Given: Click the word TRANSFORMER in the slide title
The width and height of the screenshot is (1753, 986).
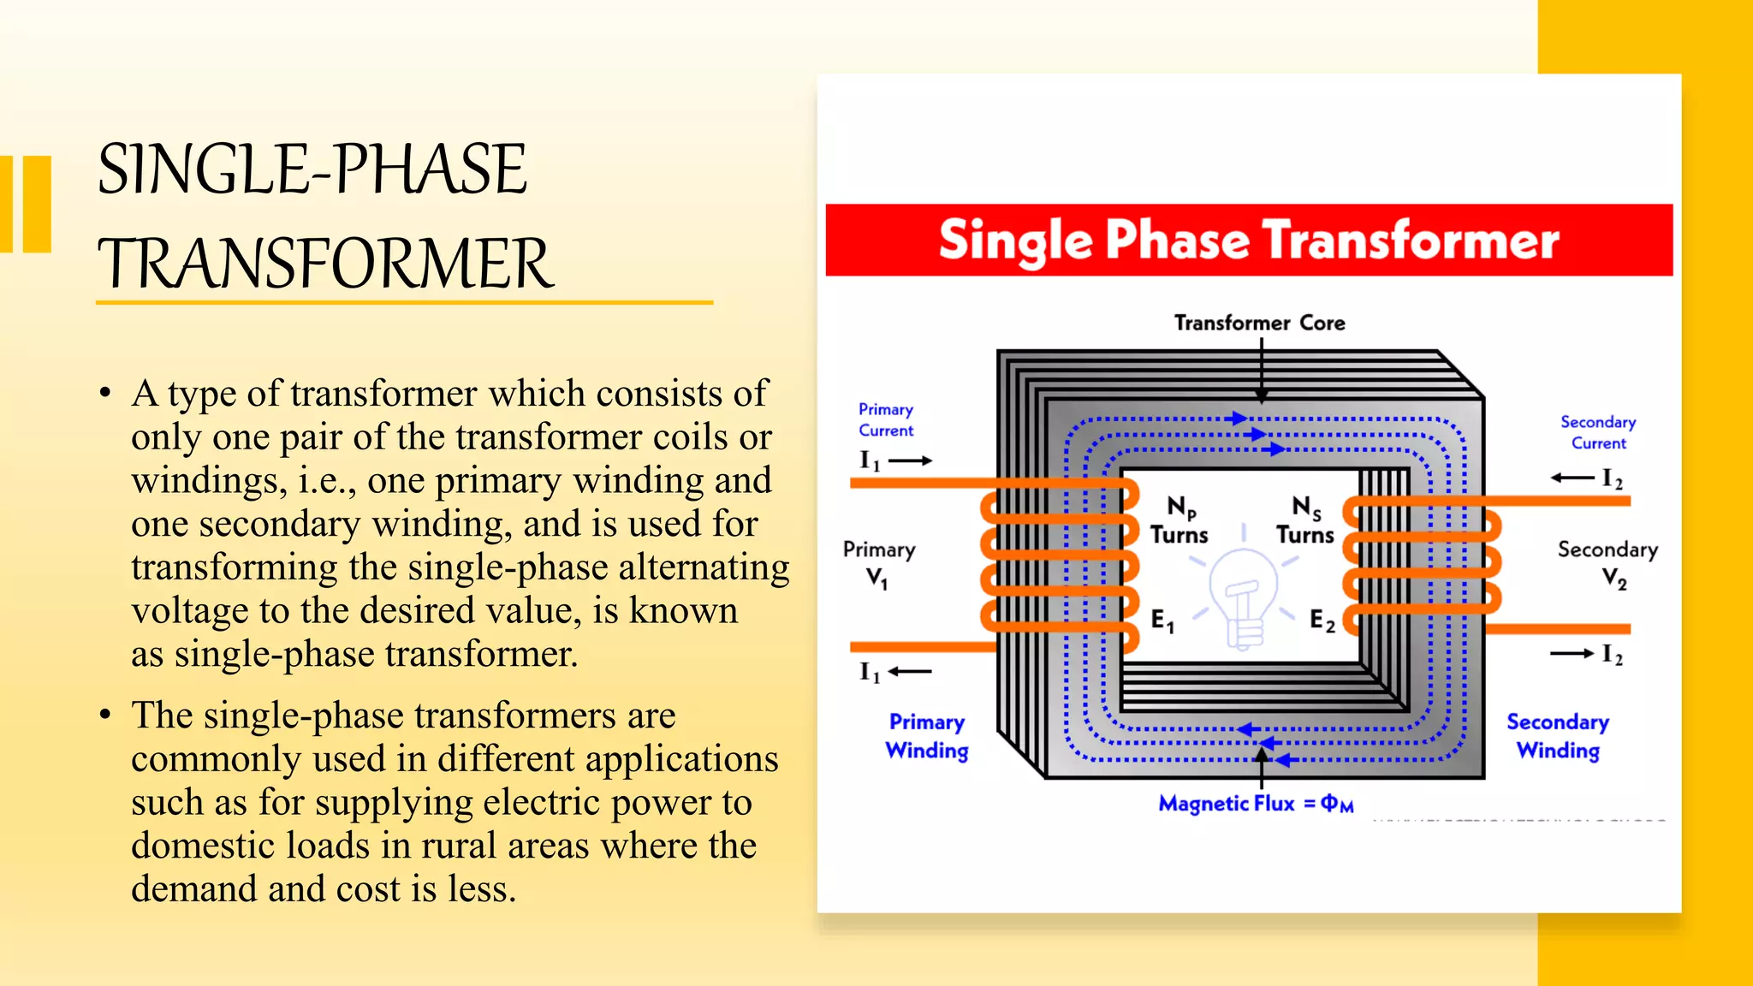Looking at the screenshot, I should click(325, 264).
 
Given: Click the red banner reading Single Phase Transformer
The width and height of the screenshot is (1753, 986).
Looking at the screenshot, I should click(1248, 240).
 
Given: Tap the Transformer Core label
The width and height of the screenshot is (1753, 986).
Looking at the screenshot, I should click(1259, 323).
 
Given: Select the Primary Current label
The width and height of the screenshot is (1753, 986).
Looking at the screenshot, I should click(886, 419).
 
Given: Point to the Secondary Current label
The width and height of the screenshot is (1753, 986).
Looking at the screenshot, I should click(1597, 432).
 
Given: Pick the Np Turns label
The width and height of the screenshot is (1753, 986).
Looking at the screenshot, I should click(1179, 520).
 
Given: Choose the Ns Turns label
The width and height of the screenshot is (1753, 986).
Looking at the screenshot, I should click(1305, 520).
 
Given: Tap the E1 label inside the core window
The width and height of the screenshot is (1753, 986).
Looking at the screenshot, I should click(1162, 621).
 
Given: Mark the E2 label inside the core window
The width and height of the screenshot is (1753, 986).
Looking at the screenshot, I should click(1322, 621).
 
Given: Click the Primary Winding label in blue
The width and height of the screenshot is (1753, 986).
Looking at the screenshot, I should click(927, 736).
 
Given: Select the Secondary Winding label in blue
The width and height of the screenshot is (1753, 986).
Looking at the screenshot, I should click(1558, 736).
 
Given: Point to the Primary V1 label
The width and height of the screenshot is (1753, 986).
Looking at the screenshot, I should click(878, 563).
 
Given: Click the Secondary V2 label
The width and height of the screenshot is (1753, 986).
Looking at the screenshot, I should click(1607, 563).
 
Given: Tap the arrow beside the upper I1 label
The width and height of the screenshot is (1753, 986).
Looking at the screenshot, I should click(910, 460).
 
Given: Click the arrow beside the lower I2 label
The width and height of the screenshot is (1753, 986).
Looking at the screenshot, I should click(1572, 654).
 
